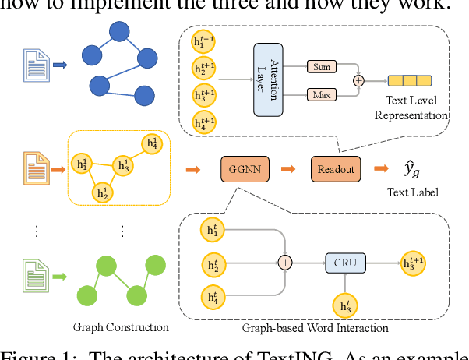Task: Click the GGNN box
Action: click(245, 168)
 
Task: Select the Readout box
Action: click(334, 168)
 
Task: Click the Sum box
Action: click(320, 66)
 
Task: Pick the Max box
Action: click(320, 94)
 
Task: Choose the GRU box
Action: click(345, 263)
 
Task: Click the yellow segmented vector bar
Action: click(410, 79)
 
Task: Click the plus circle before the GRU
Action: click(285, 263)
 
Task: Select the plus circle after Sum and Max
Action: click(359, 79)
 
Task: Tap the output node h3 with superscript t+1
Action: click(415, 263)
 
